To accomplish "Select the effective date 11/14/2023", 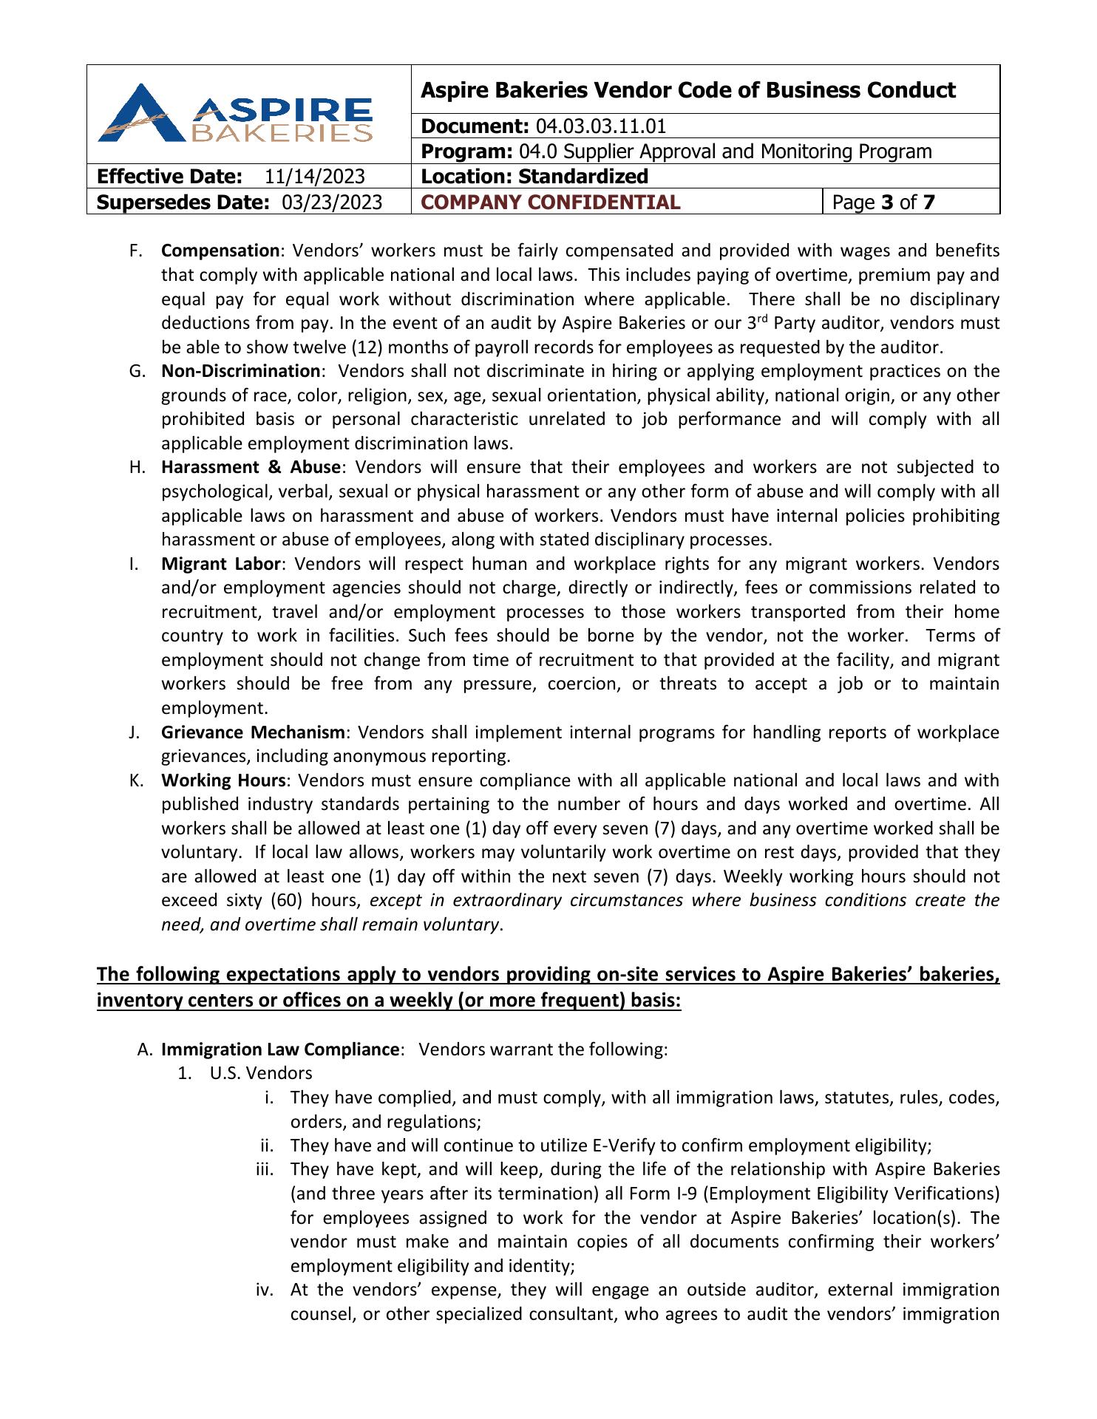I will (x=314, y=177).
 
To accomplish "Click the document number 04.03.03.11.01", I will (x=600, y=126).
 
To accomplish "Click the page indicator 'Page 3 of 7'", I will (x=883, y=203).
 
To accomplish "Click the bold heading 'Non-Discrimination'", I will (x=240, y=371).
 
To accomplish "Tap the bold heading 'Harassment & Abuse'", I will (x=251, y=467).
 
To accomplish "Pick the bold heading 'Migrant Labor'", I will (x=220, y=564).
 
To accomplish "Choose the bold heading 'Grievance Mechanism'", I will (x=253, y=732).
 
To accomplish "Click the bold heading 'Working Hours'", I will (x=223, y=780).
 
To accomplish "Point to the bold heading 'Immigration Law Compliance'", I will (x=280, y=1049).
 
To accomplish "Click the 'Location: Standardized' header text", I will (x=534, y=177).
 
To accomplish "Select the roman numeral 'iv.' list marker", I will (x=265, y=1290).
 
